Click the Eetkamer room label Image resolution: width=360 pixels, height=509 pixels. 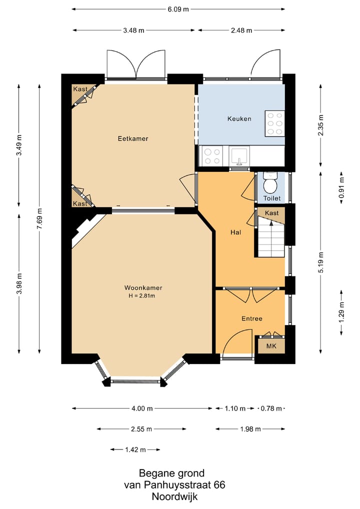tap(133, 138)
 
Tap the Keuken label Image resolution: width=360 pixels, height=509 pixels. tap(239, 119)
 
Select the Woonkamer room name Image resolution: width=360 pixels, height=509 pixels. tap(143, 288)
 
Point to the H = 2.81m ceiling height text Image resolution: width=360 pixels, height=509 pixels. tap(142, 295)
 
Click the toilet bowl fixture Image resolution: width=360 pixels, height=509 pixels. tap(270, 183)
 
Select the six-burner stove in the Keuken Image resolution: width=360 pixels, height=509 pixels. tap(274, 123)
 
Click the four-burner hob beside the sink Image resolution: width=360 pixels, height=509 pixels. tap(211, 156)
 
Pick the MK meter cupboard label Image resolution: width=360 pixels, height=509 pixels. tap(271, 346)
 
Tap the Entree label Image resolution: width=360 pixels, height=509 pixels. tap(252, 319)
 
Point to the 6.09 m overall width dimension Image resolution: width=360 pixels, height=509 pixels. tap(178, 9)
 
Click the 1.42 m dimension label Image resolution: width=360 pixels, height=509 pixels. tap(135, 449)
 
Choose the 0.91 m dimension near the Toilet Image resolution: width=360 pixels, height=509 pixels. tap(341, 188)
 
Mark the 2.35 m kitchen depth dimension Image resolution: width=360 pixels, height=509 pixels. tap(320, 125)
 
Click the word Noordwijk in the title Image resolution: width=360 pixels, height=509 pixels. tap(174, 496)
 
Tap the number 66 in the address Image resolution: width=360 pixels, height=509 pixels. tap(219, 485)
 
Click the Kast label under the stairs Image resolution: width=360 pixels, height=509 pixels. tap(271, 213)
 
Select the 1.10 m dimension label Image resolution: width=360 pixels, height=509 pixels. tap(235, 408)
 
